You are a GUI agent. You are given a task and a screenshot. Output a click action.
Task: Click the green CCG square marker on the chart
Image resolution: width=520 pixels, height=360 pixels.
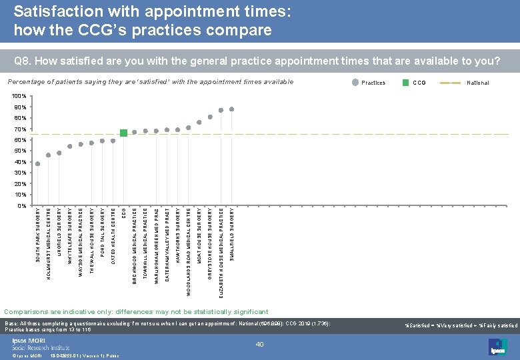pos(123,133)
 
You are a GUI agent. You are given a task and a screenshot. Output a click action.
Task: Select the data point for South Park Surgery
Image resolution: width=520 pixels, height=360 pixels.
pos(37,163)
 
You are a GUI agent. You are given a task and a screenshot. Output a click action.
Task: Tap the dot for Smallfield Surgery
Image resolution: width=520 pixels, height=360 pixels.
pos(231,109)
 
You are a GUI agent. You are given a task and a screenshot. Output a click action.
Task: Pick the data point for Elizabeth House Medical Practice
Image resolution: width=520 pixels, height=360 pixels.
pos(221,111)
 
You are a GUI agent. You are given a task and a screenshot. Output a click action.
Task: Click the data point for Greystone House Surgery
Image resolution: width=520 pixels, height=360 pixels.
pos(210,117)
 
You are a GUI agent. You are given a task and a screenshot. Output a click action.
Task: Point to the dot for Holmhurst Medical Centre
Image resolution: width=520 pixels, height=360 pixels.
pos(48,155)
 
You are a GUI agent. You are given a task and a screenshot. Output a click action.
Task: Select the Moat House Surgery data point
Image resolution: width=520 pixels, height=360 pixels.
pos(199,123)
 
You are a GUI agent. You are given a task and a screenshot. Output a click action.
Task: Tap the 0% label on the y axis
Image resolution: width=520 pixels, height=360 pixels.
pos(22,205)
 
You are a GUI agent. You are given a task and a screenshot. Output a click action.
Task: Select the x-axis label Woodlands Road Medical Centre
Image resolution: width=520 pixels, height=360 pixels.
pos(189,251)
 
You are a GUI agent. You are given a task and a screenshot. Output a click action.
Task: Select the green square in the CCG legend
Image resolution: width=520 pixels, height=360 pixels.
pos(406,83)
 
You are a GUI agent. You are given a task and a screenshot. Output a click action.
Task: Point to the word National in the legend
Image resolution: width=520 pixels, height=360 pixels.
pos(478,83)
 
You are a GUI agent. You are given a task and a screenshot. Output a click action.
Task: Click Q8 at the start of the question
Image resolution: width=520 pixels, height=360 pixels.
pos(21,62)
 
